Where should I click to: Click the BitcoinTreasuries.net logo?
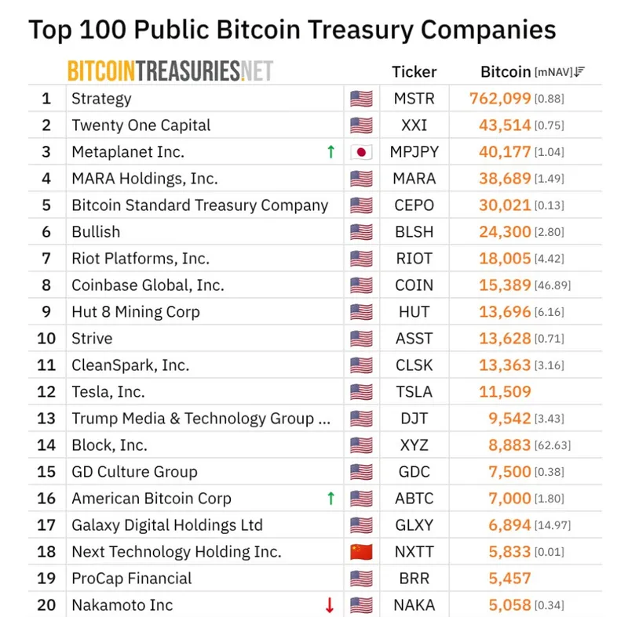(x=170, y=71)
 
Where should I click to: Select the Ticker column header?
(x=414, y=72)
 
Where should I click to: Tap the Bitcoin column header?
(x=506, y=72)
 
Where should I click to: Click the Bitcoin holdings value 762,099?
(x=500, y=99)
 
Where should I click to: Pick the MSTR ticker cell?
(x=414, y=99)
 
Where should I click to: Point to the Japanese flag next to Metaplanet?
(x=361, y=152)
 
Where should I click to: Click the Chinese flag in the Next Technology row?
(x=361, y=552)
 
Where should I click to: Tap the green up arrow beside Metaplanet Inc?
(x=330, y=152)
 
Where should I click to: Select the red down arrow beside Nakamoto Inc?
(x=330, y=605)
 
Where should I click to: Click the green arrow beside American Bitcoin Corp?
(x=330, y=499)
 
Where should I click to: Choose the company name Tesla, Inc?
(x=108, y=392)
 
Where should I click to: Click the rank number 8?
(x=46, y=285)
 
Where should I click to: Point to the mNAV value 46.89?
(x=553, y=285)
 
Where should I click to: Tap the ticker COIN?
(x=414, y=285)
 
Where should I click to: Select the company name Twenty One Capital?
(x=141, y=125)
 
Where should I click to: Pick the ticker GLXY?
(x=414, y=525)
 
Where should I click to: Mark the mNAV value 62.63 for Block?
(x=553, y=445)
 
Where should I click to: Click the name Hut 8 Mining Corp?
(x=136, y=312)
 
